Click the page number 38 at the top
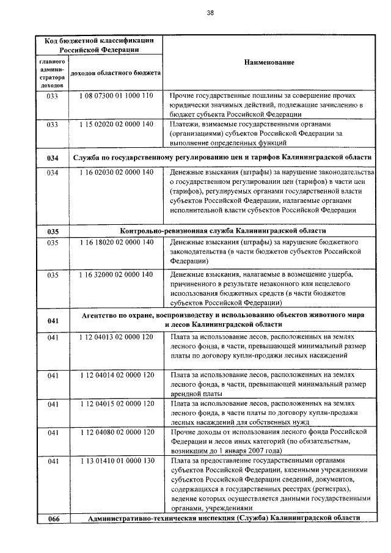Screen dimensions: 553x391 point(210,12)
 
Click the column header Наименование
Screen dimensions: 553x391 point(269,62)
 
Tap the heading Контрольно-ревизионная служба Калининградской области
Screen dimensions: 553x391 point(223,232)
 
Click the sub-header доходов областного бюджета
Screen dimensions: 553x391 point(116,73)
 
